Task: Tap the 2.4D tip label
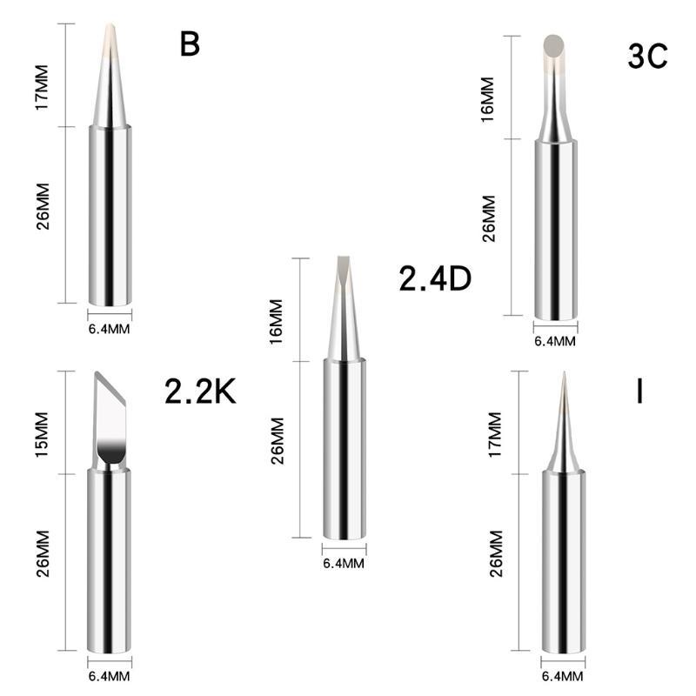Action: click(434, 279)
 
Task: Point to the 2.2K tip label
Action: click(200, 392)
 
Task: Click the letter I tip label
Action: click(639, 391)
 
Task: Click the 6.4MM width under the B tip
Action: click(110, 328)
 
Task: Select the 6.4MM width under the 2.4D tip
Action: click(344, 563)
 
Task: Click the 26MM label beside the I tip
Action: click(496, 553)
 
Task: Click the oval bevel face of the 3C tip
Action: click(552, 44)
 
